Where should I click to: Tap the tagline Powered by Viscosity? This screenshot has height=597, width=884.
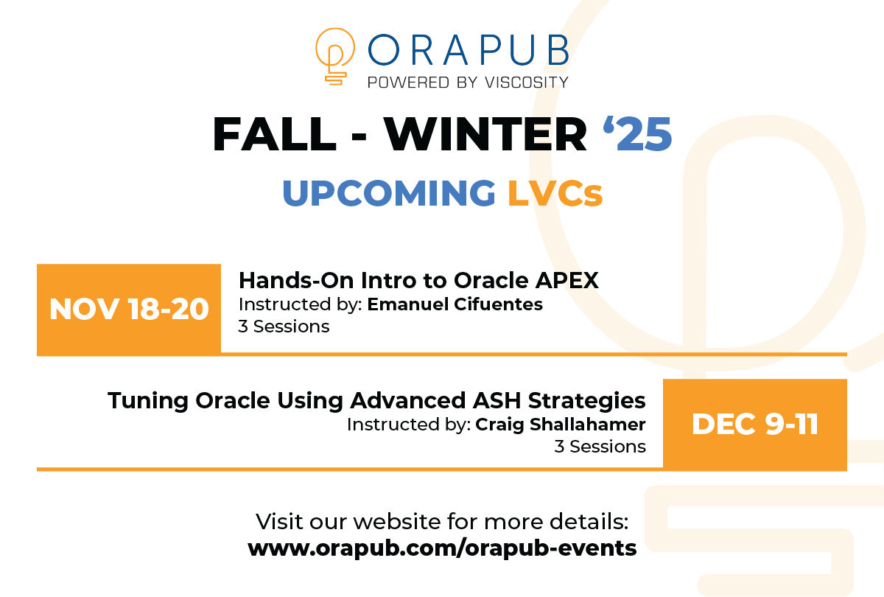(468, 81)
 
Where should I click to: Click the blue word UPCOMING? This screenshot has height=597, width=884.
(389, 192)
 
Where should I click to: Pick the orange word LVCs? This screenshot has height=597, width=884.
(555, 192)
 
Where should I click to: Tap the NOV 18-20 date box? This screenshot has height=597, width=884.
(129, 310)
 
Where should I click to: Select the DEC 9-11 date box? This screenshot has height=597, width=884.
(755, 424)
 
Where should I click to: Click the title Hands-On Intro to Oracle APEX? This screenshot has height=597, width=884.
(418, 280)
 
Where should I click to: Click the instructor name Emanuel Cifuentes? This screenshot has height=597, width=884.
(455, 304)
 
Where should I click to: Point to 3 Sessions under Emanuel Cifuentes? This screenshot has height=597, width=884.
(284, 326)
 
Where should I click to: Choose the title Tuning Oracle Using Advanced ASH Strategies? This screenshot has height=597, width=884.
(376, 400)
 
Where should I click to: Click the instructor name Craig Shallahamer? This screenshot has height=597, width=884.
(561, 425)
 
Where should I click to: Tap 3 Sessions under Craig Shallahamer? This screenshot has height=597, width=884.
(600, 446)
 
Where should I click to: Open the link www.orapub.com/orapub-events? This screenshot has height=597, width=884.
(442, 548)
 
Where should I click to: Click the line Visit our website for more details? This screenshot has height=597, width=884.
(442, 522)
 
